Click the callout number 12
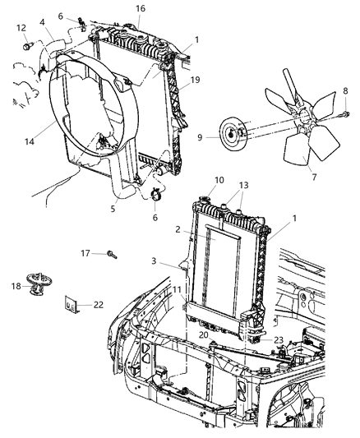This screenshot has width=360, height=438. pyautogui.click(x=21, y=28)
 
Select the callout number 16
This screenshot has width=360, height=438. pyautogui.click(x=141, y=8)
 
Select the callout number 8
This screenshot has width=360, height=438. pyautogui.click(x=345, y=90)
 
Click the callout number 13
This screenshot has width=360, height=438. pyautogui.click(x=244, y=186)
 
